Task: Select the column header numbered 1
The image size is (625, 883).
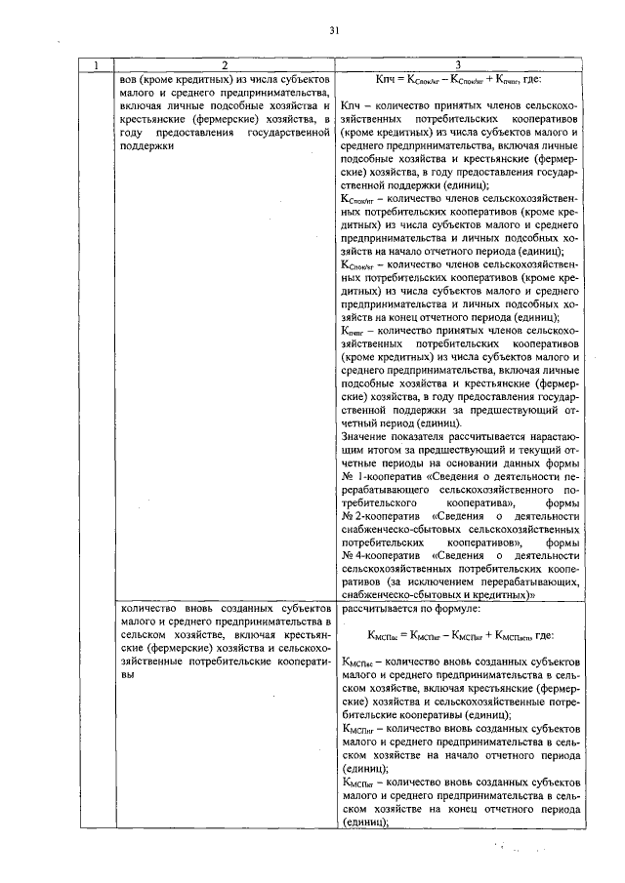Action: (x=95, y=65)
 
